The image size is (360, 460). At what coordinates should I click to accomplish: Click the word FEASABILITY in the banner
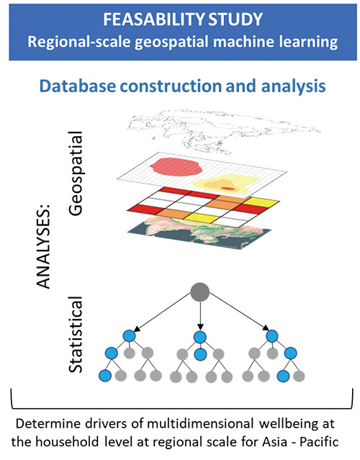pyautogui.click(x=153, y=19)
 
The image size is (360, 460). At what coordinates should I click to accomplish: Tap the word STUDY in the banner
pyautogui.click(x=235, y=19)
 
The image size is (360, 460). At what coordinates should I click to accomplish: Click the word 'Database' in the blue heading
pyautogui.click(x=77, y=86)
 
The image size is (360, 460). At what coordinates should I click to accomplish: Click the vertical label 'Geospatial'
pyautogui.click(x=76, y=173)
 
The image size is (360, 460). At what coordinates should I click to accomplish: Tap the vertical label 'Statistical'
pyautogui.click(x=76, y=334)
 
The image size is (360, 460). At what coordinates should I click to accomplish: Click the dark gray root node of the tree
pyautogui.click(x=200, y=292)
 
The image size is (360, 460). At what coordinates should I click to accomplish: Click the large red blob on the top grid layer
pyautogui.click(x=176, y=166)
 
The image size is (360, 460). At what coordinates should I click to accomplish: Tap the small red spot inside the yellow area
pyautogui.click(x=228, y=188)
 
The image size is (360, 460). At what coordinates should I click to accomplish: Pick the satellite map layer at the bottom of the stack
pyautogui.click(x=199, y=233)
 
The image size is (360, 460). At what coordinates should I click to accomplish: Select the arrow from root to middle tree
pyautogui.click(x=200, y=315)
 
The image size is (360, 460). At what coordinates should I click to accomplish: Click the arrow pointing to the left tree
pyautogui.click(x=163, y=312)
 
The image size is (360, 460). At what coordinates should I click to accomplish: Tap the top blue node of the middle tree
pyautogui.click(x=200, y=337)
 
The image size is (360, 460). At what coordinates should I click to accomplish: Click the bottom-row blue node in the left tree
pyautogui.click(x=105, y=376)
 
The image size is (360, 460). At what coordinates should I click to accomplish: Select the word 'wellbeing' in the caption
pyautogui.click(x=297, y=424)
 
